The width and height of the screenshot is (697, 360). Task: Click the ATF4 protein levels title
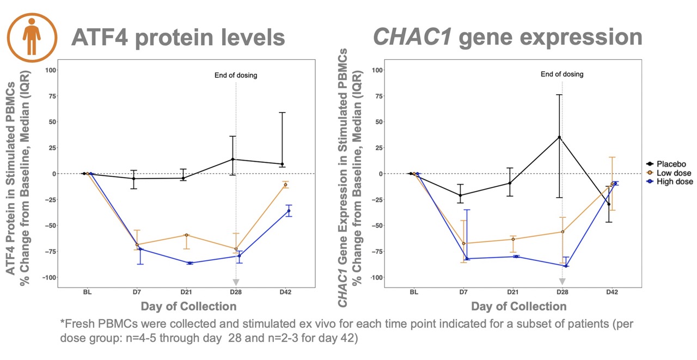click(x=178, y=38)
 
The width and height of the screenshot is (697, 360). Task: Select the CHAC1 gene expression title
click(x=507, y=38)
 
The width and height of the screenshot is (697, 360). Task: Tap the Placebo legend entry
click(x=671, y=163)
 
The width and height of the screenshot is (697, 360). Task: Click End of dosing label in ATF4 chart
click(x=236, y=75)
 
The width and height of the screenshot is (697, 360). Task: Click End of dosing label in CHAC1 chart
click(x=562, y=74)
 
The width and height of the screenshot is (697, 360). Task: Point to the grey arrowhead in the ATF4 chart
click(x=236, y=282)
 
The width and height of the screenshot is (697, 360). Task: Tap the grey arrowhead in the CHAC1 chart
click(x=562, y=282)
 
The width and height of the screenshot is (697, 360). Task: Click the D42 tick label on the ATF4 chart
click(x=285, y=292)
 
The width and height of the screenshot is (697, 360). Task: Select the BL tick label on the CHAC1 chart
click(x=414, y=292)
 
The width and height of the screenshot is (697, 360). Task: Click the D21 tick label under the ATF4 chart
click(x=186, y=292)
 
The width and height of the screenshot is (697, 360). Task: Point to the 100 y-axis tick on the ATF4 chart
click(x=51, y=70)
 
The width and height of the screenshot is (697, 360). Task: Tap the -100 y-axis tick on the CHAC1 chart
click(x=376, y=277)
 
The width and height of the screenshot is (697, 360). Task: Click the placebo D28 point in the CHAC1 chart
click(x=559, y=137)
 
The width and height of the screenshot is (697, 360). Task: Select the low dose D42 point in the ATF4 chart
click(x=285, y=185)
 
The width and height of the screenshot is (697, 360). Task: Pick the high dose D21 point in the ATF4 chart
click(x=189, y=263)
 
